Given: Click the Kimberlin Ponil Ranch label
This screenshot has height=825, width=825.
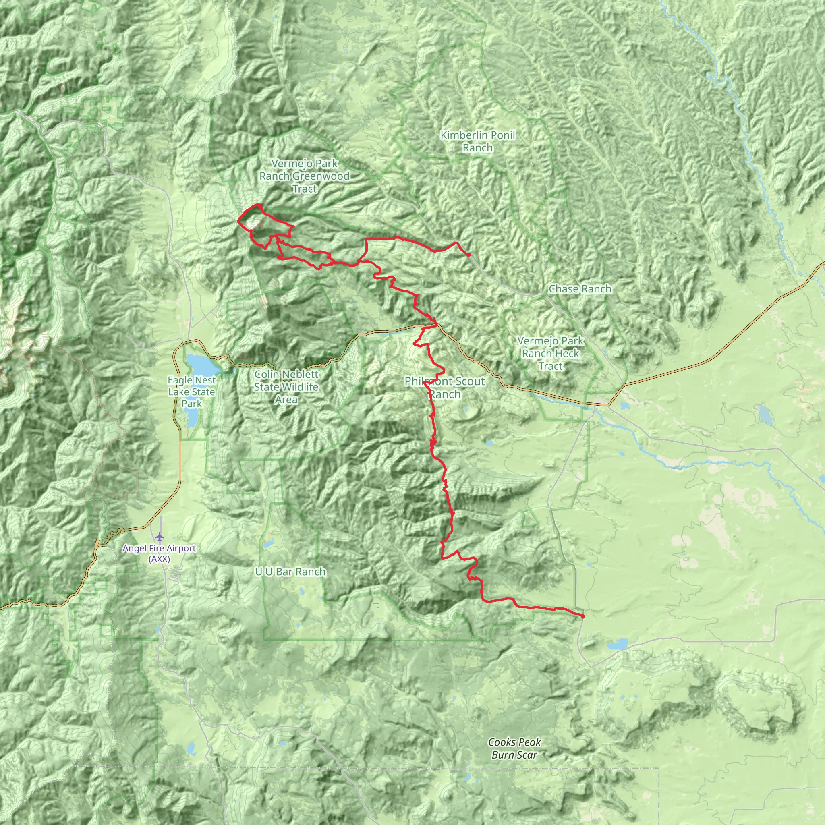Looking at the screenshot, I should pos(477,142).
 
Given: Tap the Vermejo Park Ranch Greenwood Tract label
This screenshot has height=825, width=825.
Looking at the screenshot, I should pos(304,176).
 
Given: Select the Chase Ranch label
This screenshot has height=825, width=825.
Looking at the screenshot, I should pos(580,289).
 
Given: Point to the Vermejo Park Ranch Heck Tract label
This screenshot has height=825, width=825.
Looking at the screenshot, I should pos(550,354).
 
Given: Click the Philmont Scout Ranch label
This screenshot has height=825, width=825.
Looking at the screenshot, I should pos(445,388).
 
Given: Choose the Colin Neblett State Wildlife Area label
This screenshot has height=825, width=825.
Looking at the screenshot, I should pos(286,387).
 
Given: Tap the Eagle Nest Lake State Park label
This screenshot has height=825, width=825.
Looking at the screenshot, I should pos(191,392).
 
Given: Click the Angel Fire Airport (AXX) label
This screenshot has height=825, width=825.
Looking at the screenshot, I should pos(159,554).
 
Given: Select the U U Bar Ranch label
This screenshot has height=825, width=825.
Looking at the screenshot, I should pos(290,572).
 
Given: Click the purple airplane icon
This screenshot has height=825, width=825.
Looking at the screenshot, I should pos(160,536).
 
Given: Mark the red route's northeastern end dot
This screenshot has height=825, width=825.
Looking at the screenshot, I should pos(469,255).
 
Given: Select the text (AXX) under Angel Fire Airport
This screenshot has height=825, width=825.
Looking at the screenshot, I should pos(159,560).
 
